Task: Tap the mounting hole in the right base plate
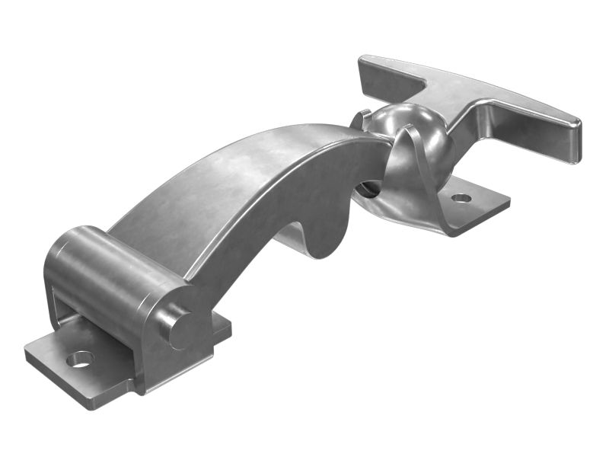click(x=461, y=198)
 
